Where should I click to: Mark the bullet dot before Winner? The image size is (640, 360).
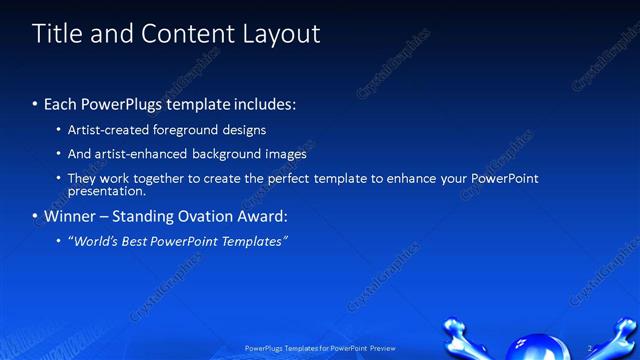[36, 216]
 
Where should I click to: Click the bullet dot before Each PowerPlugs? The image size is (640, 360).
[36, 103]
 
